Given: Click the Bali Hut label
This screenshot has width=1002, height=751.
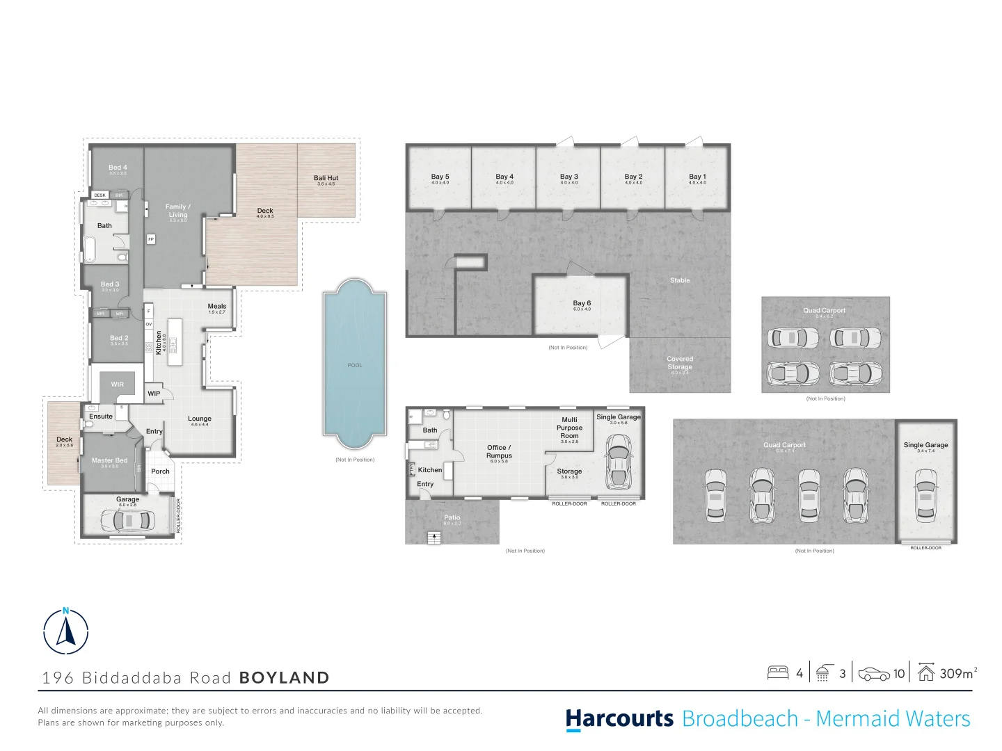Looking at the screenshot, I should point(326,179).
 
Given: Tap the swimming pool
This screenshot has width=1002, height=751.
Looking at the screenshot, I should point(354,364).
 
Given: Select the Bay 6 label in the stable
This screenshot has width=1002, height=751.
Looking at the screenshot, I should point(582,304).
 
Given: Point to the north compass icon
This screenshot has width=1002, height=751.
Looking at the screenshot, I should point(66,631).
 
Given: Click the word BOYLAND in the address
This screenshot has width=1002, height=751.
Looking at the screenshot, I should point(284,678).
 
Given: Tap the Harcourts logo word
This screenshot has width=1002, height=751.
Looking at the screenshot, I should point(619,719).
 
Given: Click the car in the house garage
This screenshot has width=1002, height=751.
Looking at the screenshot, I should point(128,520).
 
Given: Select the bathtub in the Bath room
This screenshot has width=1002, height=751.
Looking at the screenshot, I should point(90,249).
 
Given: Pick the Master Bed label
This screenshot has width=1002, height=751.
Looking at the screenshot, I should point(109,461).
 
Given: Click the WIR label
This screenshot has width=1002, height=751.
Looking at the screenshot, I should point(118,385).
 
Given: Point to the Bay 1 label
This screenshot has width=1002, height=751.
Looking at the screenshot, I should point(697,177).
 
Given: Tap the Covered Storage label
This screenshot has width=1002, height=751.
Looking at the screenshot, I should point(680,363).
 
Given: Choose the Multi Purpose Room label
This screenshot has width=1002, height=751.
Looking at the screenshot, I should point(569,428).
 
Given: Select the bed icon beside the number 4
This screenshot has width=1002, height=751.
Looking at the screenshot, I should point(777,673).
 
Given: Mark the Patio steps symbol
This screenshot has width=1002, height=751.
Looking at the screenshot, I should point(434,537).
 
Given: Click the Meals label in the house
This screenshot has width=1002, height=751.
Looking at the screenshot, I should point(217,307).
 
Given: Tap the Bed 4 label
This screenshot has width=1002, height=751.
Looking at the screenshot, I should point(118,168).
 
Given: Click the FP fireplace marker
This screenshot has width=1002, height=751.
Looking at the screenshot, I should point(151,239).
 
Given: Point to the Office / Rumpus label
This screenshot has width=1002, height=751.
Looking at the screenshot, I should point(499,452).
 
